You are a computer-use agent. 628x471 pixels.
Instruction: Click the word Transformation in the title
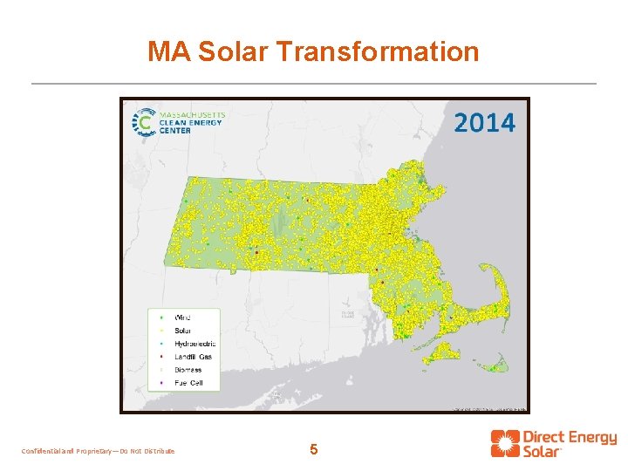379,51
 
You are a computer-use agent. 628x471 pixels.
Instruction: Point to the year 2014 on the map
484,122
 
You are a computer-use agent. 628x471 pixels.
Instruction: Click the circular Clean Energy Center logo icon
141,123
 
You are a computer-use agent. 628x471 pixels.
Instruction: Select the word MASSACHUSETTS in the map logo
192,114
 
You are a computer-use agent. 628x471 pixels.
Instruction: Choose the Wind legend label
183,317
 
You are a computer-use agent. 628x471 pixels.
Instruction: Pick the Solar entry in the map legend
183,330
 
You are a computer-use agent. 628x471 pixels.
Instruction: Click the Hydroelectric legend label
195,344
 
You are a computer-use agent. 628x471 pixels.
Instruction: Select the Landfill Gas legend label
193,357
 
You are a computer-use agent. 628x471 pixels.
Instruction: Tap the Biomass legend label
188,370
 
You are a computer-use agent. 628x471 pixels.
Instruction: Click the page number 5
314,450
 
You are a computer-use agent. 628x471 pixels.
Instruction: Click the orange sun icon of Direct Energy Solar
503,443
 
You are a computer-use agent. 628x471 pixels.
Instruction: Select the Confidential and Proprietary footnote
97,451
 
